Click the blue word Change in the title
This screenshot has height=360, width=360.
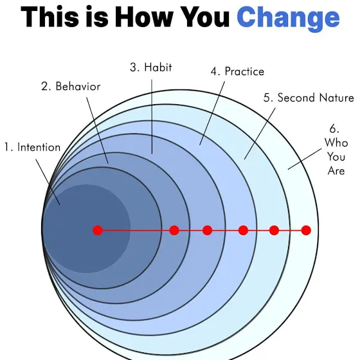(x=288, y=19)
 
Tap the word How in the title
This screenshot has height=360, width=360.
(x=144, y=17)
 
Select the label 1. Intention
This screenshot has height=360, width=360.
(x=32, y=147)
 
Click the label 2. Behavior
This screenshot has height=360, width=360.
(x=71, y=87)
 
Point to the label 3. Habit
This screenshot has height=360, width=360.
(x=151, y=67)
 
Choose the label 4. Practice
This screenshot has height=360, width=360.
(x=237, y=71)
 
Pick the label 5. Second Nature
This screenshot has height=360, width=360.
(x=309, y=98)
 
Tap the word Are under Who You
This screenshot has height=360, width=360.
(x=336, y=171)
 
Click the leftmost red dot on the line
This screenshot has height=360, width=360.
(x=98, y=230)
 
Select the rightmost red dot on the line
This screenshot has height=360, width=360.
(x=306, y=230)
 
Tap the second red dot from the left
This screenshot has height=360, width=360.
(x=174, y=230)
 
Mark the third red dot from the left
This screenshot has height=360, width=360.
(x=207, y=230)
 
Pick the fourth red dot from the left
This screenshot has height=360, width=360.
(x=244, y=230)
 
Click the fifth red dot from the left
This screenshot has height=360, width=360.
(x=274, y=230)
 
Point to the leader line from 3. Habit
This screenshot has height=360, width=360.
(x=152, y=116)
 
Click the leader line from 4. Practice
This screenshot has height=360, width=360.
(x=212, y=113)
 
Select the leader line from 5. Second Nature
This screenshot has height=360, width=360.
(x=260, y=134)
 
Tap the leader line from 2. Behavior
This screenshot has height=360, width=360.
(x=97, y=130)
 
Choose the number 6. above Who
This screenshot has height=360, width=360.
(x=334, y=129)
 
